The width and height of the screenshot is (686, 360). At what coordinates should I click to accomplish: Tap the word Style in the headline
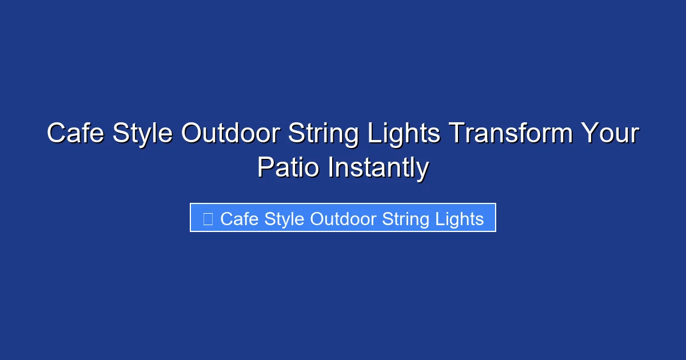tap(143, 134)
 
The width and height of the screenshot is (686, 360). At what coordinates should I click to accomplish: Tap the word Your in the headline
tap(609, 134)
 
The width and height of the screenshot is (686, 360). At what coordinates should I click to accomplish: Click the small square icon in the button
tap(208, 219)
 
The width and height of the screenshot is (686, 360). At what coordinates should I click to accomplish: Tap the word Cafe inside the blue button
tap(240, 219)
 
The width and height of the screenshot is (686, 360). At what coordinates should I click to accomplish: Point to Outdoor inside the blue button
tap(343, 219)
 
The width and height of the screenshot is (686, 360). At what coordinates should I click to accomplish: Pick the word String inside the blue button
tap(406, 219)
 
